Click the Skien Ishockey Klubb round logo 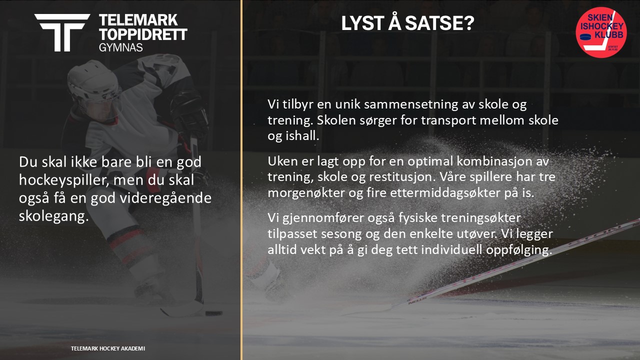point(601,32)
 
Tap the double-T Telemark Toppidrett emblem point(62,32)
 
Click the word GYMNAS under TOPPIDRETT point(120,47)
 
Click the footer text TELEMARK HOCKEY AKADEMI point(108,348)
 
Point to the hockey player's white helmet point(93,83)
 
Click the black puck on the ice point(213,313)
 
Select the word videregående point(165,198)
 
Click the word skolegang point(53,216)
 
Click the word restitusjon point(402,177)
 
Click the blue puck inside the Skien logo point(585,37)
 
